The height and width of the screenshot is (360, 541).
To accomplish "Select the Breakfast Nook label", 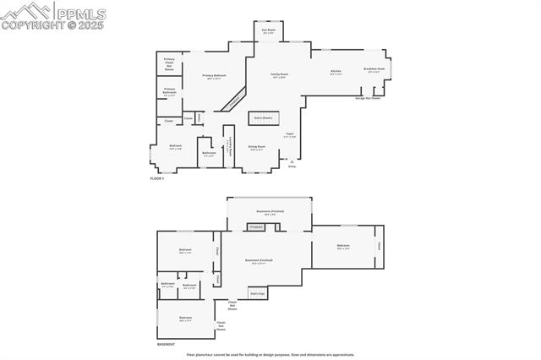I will (x=374, y=70).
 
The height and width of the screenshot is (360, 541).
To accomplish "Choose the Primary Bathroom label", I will (x=169, y=90).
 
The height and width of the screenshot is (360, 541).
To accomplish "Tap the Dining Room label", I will (x=256, y=148).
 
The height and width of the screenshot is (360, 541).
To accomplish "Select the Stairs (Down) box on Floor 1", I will (x=263, y=118).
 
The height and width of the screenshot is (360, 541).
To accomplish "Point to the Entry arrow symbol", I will (x=292, y=160).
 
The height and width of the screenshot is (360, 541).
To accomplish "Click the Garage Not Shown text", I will (x=365, y=98).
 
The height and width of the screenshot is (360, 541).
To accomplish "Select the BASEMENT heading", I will (x=166, y=345).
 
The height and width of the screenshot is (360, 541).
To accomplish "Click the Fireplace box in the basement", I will (x=256, y=226).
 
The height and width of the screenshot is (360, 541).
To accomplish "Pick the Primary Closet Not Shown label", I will (x=169, y=64).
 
